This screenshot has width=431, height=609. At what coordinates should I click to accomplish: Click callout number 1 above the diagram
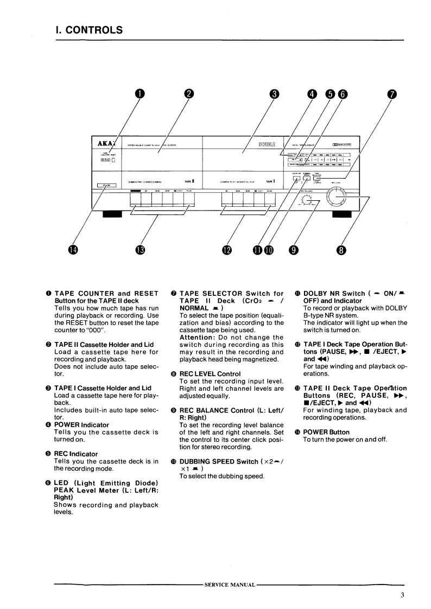pos(140,93)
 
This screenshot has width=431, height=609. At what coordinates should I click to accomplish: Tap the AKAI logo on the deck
pos(105,144)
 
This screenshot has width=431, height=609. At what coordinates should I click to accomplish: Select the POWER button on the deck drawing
pos(106,186)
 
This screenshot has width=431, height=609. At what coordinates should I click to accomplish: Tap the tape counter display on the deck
pos(105,161)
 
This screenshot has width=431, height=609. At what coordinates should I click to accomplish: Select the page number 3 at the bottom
pos(402,595)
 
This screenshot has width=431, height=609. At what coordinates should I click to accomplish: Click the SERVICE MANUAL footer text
pos(229,585)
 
